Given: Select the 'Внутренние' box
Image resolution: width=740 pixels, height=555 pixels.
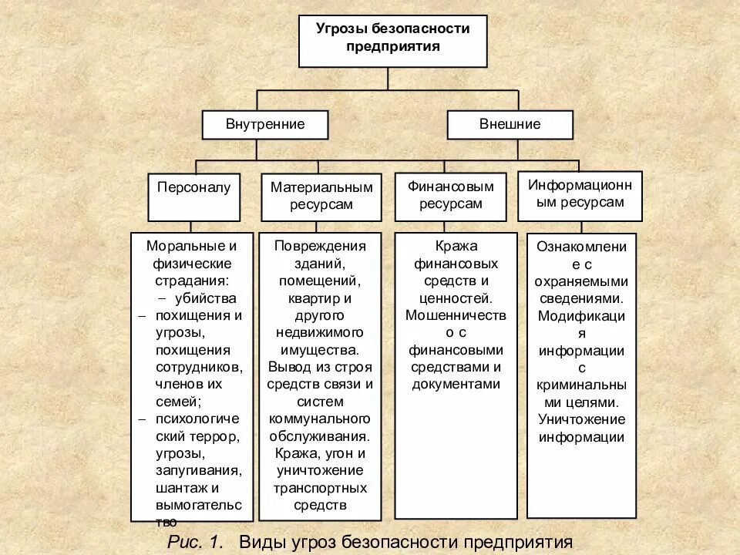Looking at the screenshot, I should pyautogui.click(x=265, y=124).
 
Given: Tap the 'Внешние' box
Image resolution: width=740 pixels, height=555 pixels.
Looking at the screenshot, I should pyautogui.click(x=510, y=124).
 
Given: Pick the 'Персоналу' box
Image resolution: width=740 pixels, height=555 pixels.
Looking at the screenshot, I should pyautogui.click(x=193, y=187).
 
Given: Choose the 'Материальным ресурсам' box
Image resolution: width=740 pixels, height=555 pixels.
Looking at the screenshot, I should pyautogui.click(x=321, y=196).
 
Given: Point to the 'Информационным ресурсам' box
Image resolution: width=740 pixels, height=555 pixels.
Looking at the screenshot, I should pyautogui.click(x=580, y=193).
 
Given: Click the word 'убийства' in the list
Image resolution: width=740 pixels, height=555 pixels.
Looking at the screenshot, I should pyautogui.click(x=206, y=298).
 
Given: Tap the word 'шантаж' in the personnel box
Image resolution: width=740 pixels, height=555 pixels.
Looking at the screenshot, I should pyautogui.click(x=183, y=487).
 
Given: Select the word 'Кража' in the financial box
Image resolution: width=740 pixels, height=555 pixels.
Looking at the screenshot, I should pyautogui.click(x=456, y=246).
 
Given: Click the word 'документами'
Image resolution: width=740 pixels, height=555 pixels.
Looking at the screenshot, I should pyautogui.click(x=456, y=384).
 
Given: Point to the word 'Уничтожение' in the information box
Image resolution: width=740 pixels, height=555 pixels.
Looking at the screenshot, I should pyautogui.click(x=582, y=419).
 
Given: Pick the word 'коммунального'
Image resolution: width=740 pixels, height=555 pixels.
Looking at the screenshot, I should pyautogui.click(x=320, y=418).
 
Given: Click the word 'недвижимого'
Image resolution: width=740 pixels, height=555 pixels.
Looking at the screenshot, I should pyautogui.click(x=320, y=332).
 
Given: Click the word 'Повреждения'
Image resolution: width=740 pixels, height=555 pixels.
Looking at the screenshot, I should pyautogui.click(x=320, y=246).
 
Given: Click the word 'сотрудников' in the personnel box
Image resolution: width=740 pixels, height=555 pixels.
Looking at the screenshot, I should pyautogui.click(x=193, y=367).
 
